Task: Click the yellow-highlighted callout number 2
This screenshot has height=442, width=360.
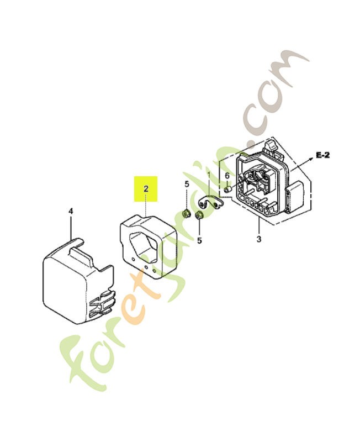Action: click(x=146, y=188)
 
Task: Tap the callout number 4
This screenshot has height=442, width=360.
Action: click(x=71, y=211)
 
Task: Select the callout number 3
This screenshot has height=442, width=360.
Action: click(x=259, y=239)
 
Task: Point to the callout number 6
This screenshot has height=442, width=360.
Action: click(x=227, y=176)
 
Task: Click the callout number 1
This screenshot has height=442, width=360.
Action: click(x=209, y=175)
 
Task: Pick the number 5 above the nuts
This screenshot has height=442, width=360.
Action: click(x=187, y=185)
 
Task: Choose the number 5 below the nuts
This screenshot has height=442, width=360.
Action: click(x=199, y=240)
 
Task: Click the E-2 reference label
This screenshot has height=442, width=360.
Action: click(x=322, y=155)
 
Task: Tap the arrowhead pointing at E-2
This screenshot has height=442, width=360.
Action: click(x=311, y=159)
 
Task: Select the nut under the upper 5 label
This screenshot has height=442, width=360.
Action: click(x=186, y=214)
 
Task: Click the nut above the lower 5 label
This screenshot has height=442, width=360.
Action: click(x=199, y=215)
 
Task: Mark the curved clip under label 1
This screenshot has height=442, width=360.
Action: click(x=211, y=202)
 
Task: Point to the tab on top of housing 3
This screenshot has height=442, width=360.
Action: click(x=270, y=146)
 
